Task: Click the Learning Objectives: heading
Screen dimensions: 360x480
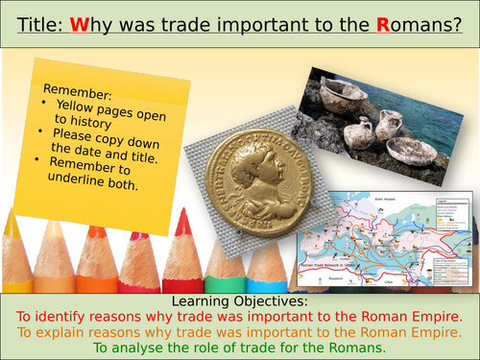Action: (239, 303)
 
